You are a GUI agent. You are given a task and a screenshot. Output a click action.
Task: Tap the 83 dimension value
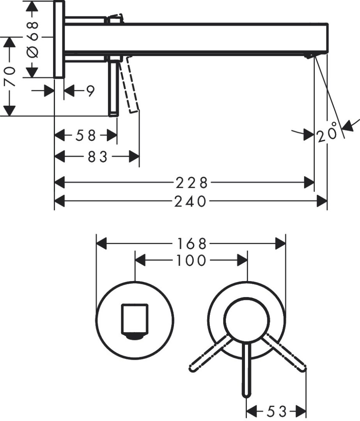pos(97,157)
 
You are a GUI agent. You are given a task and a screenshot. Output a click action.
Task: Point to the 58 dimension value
pos(86,136)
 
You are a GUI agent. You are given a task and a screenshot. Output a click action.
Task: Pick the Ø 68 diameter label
pos(33,39)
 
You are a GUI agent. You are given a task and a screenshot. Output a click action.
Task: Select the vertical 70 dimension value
pos(9,76)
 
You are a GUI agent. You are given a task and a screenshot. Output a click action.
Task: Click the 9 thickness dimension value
pos(90,92)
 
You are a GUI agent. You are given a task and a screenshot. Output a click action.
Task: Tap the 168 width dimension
pos(190,244)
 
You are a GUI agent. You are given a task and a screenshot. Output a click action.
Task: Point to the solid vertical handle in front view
pos(246,370)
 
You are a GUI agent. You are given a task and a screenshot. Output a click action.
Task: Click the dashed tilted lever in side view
pos(129,86)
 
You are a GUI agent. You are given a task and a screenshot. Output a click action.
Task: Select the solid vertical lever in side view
pos(113,88)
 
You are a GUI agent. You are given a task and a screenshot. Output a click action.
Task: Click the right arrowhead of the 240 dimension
pos(322,202)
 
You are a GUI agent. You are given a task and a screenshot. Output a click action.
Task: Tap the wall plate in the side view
pos(59,39)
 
